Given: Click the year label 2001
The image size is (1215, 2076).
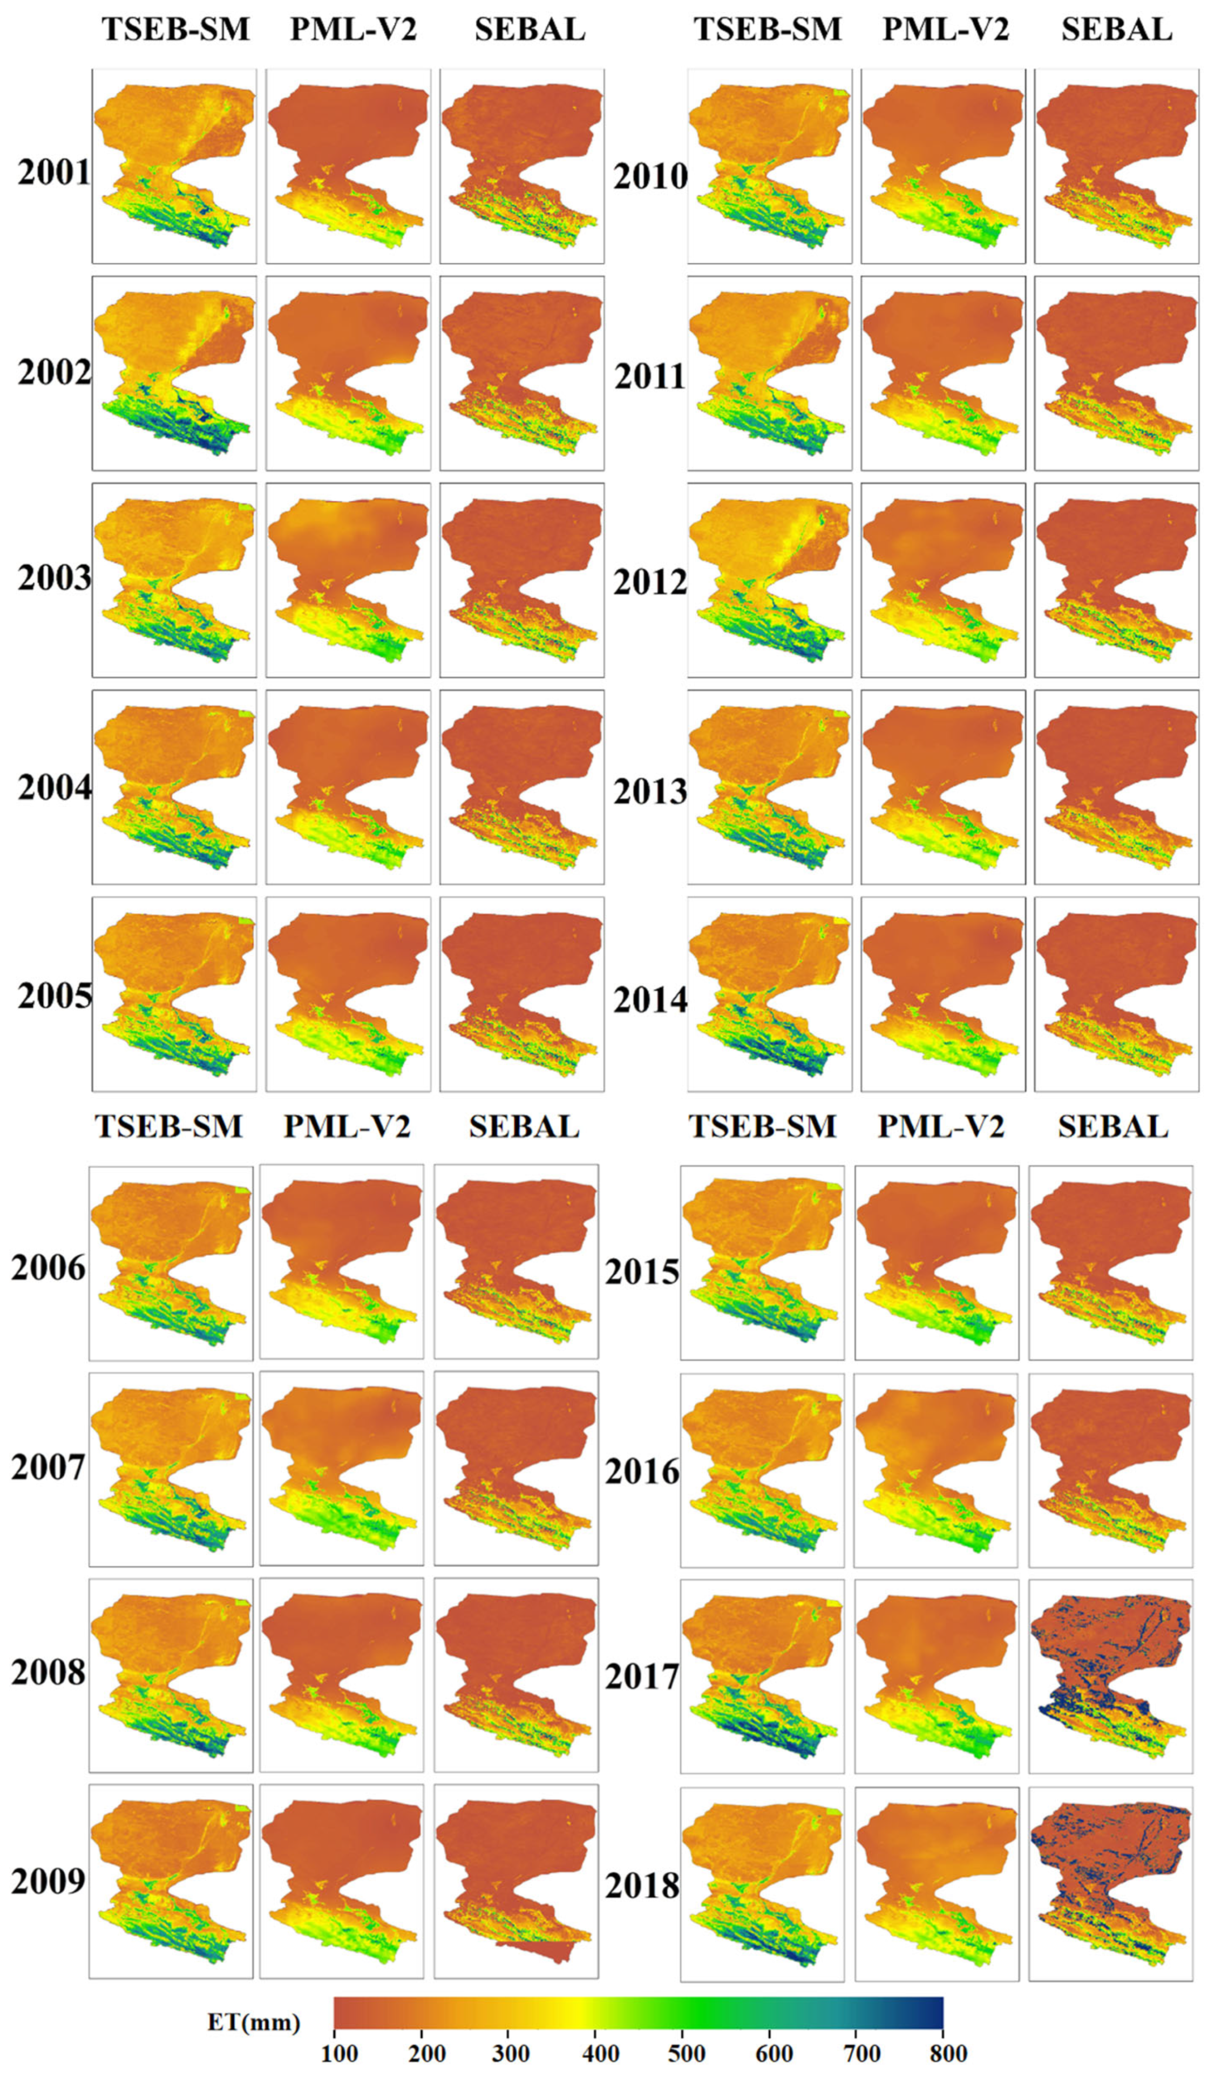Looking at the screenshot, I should point(53,174).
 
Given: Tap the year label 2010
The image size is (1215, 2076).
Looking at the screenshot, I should point(649,177).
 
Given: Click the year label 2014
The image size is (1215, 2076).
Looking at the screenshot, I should point(649,1000).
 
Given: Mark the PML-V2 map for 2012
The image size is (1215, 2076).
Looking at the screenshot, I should point(942,579).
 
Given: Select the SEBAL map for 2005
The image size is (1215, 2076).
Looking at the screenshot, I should point(521,993).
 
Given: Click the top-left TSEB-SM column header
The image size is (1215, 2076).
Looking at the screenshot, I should point(175,30).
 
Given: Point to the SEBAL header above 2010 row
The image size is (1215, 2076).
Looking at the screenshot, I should point(1116,30).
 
